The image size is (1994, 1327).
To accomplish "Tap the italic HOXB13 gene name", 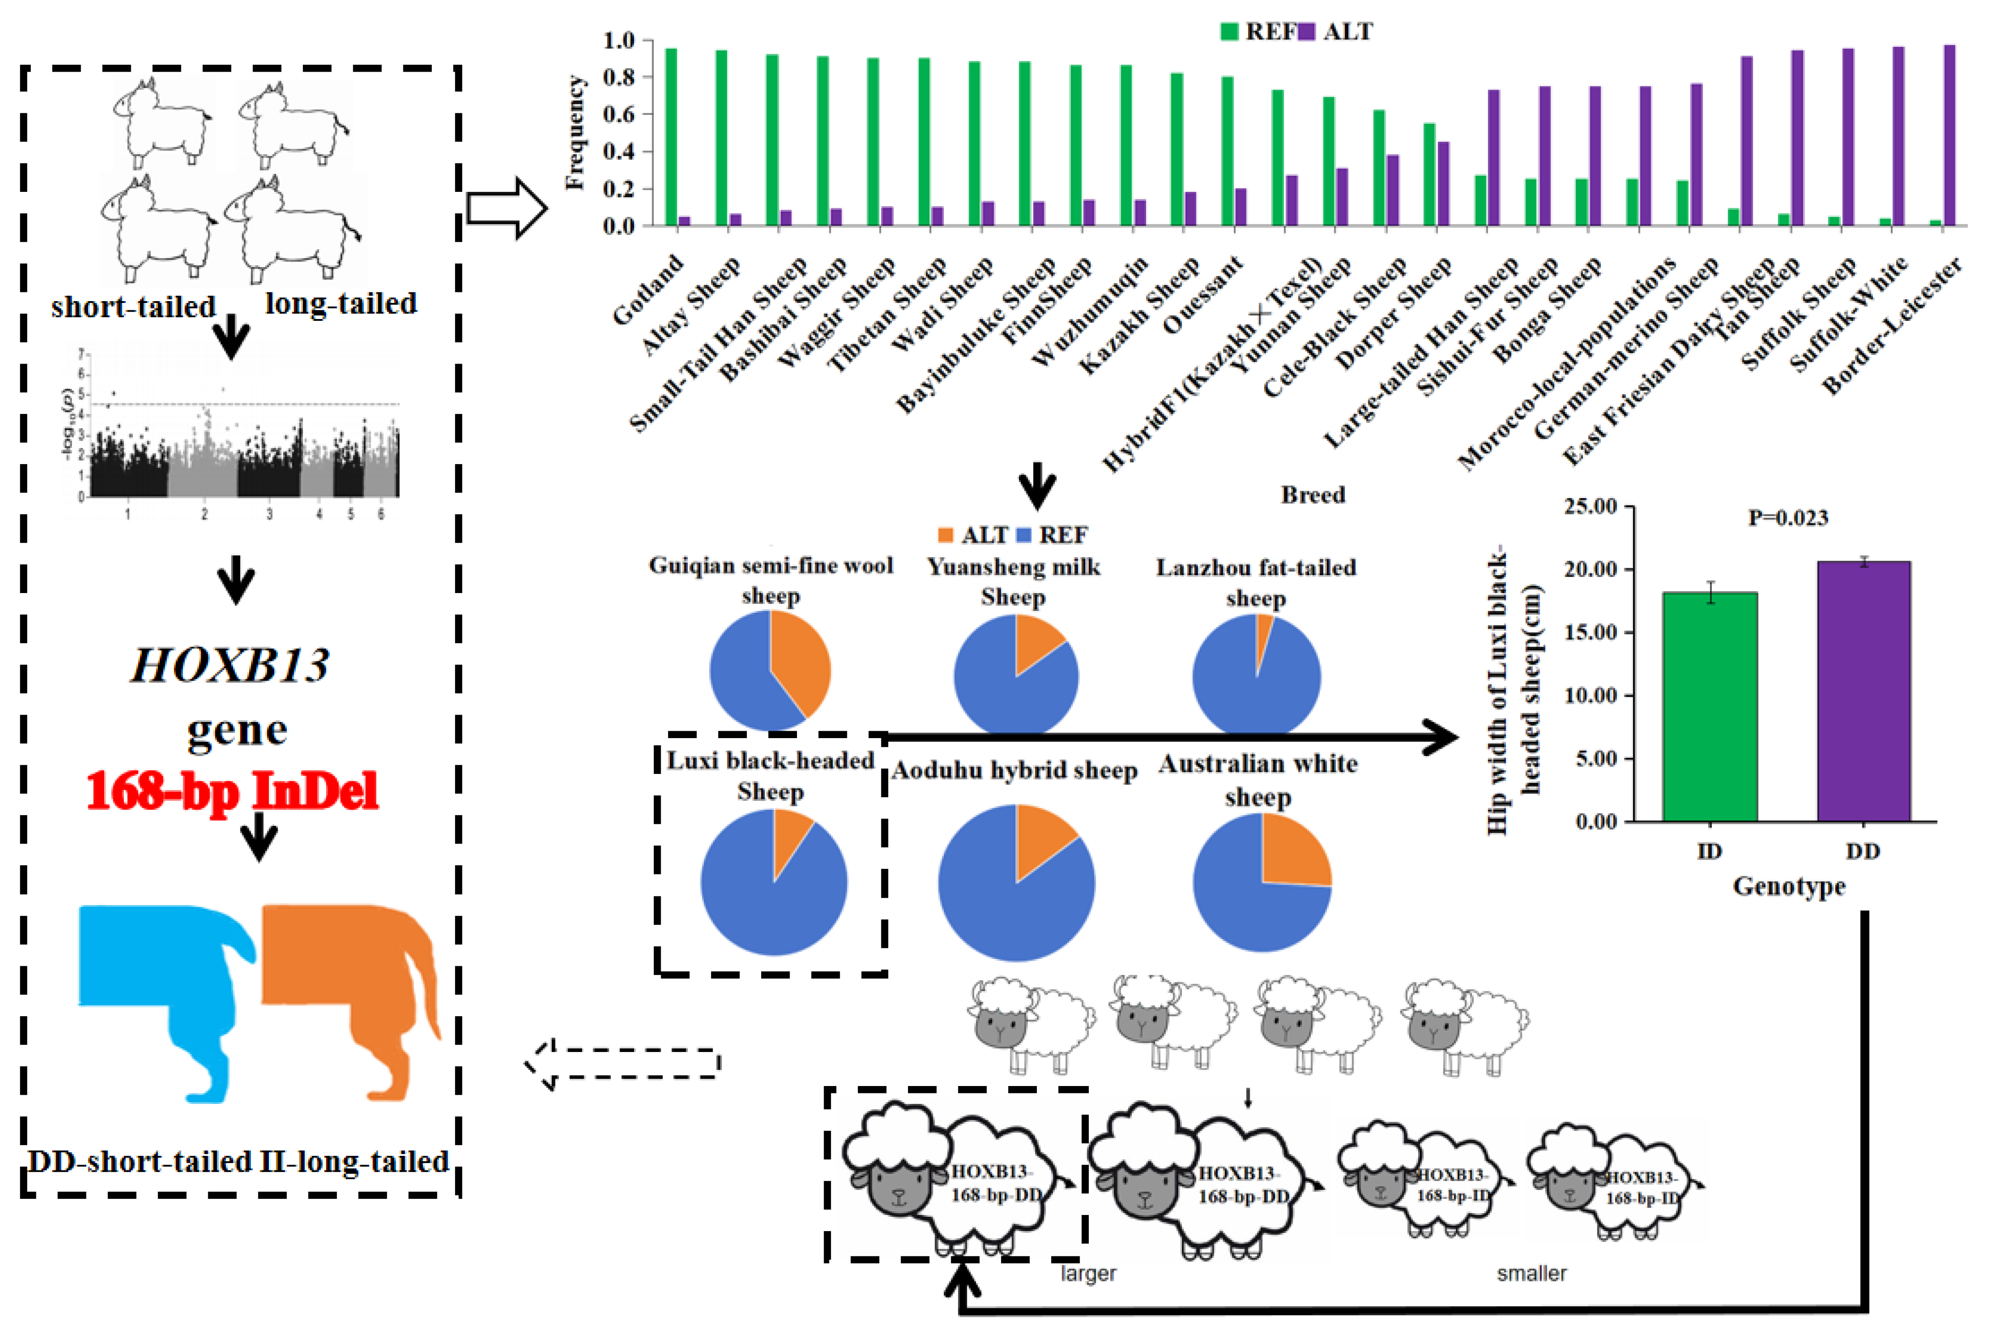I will tap(230, 665).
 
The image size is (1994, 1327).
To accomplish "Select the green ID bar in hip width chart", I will tap(1710, 707).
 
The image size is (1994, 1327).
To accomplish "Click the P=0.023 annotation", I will tap(1788, 518).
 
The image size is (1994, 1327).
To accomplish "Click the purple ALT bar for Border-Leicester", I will tap(1949, 135).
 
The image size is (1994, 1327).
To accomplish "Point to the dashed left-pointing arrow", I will tap(622, 1064).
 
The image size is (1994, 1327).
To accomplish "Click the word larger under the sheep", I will tap(1088, 1274).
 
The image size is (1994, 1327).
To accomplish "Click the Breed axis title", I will tap(1312, 495).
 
